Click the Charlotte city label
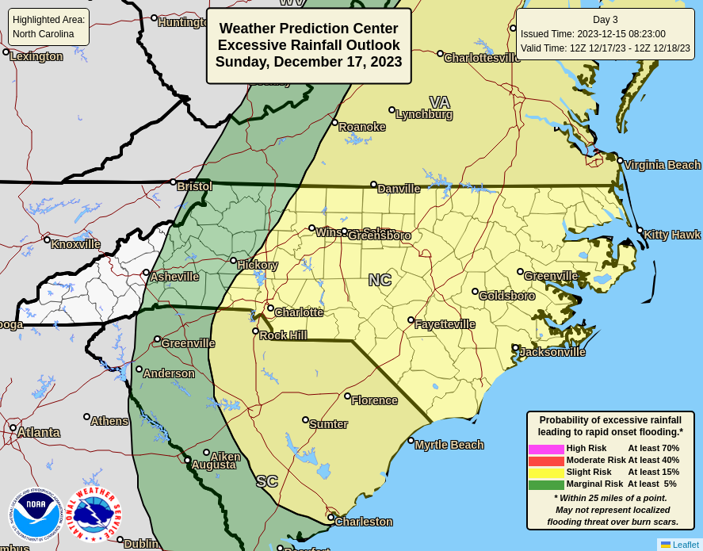[x=299, y=312]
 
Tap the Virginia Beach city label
[x=662, y=165]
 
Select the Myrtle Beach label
[x=449, y=445]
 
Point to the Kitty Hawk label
[x=671, y=235]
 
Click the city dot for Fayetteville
[x=411, y=320]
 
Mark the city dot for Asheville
[x=146, y=273]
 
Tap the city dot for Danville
[x=373, y=185]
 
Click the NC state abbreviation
[x=380, y=280]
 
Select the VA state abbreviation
[x=439, y=102]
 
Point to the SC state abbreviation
[x=267, y=481]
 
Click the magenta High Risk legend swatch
[x=546, y=449]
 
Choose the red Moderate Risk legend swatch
[x=546, y=461]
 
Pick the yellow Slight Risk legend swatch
[x=546, y=473]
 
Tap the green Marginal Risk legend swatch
[x=546, y=484]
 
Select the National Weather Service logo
[x=94, y=514]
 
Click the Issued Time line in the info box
[x=593, y=34]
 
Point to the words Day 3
[x=606, y=20]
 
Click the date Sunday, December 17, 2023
[x=308, y=62]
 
